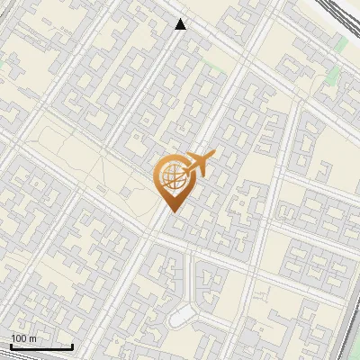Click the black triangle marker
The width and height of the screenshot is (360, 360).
pos(181,24)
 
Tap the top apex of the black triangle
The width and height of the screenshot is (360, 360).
pos(181,19)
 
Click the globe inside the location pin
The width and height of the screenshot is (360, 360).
pos(170,177)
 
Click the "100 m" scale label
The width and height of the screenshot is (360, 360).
pos(23,338)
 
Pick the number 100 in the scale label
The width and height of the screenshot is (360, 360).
pos(19,338)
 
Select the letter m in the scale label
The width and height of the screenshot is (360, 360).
pos(32,338)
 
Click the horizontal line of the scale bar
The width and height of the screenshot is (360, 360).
pos(40,346)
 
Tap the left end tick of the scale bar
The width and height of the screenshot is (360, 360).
pos(10,345)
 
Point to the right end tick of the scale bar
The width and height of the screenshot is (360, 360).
pos(72,345)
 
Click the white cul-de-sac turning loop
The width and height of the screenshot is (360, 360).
pos(184,315)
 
